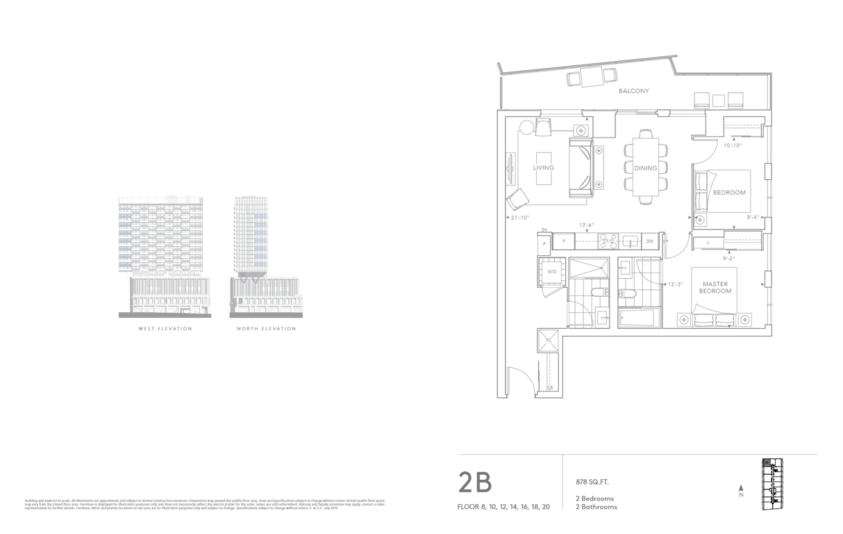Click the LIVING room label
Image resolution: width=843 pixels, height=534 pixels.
click(x=543, y=168)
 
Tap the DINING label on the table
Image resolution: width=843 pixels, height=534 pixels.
click(x=645, y=168)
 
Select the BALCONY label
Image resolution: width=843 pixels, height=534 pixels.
click(x=633, y=91)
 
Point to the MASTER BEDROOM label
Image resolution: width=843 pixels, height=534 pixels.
click(x=716, y=288)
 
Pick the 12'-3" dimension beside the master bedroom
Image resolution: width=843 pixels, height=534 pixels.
click(x=674, y=284)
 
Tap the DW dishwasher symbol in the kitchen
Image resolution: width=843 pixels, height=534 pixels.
click(x=650, y=241)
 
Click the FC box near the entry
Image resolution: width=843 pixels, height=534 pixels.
click(x=548, y=340)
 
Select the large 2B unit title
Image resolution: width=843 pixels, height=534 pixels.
click(x=475, y=482)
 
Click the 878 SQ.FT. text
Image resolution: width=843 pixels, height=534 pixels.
click(x=587, y=482)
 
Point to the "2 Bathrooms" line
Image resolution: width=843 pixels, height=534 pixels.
click(x=596, y=507)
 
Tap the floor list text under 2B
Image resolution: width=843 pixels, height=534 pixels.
click(x=503, y=507)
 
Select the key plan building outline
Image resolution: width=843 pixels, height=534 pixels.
click(x=772, y=481)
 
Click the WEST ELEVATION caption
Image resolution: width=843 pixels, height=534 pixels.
click(x=165, y=328)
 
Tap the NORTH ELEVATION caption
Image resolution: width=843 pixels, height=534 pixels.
click(x=266, y=328)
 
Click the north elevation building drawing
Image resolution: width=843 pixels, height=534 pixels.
click(x=266, y=255)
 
